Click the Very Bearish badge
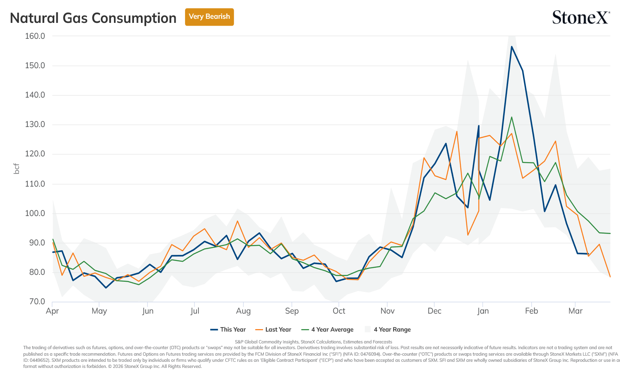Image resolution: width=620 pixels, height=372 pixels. pyautogui.click(x=209, y=17)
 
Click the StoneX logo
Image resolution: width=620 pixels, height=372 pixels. pyautogui.click(x=581, y=17)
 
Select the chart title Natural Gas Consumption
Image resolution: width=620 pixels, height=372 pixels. pyautogui.click(x=93, y=18)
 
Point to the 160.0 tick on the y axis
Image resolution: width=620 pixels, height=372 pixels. pyautogui.click(x=35, y=36)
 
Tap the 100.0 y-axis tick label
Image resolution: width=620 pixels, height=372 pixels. pyautogui.click(x=35, y=214)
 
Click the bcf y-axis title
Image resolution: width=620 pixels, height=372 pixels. pyautogui.click(x=17, y=169)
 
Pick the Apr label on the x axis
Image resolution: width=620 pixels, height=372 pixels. pyautogui.click(x=52, y=311)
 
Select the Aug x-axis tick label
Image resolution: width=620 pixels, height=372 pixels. pyautogui.click(x=243, y=311)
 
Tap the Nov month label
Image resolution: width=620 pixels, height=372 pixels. pyautogui.click(x=388, y=311)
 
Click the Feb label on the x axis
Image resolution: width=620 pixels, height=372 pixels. pyautogui.click(x=531, y=311)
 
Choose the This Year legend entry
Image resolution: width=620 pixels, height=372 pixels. pyautogui.click(x=228, y=330)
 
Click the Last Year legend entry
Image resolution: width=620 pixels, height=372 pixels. pyautogui.click(x=273, y=330)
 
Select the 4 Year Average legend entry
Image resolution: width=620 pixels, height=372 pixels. pyautogui.click(x=328, y=330)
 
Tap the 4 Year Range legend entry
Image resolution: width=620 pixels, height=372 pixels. pyautogui.click(x=388, y=330)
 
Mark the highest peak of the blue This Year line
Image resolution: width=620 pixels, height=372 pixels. pyautogui.click(x=511, y=47)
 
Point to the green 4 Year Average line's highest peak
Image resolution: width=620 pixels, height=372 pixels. pyautogui.click(x=511, y=117)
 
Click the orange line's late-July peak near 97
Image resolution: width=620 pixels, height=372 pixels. pyautogui.click(x=237, y=221)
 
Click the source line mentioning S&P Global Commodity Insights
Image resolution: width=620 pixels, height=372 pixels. pyautogui.click(x=313, y=342)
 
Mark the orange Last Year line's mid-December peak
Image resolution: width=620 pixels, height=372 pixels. pyautogui.click(x=457, y=131)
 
